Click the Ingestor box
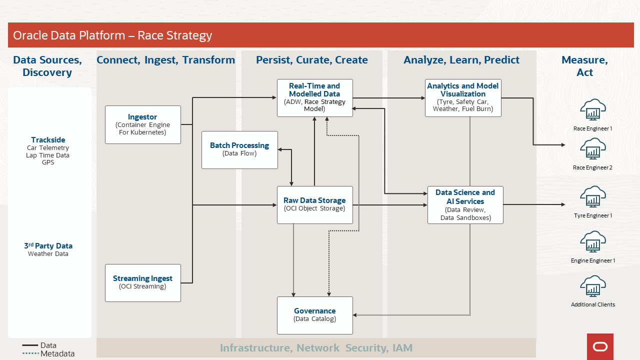pos(143,124)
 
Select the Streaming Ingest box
pos(143,282)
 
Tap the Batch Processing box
pos(239,149)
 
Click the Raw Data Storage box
pos(314,204)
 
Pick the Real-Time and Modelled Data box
pos(314,97)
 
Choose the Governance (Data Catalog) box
pos(314,315)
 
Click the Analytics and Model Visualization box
pos(463,97)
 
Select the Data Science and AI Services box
pos(465,204)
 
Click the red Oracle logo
pos(600,346)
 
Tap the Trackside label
pos(48,140)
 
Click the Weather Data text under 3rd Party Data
pos(48,254)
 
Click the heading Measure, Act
pos(584,66)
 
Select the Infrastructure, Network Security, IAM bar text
pos(316,348)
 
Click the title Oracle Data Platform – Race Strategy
pos(112,35)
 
